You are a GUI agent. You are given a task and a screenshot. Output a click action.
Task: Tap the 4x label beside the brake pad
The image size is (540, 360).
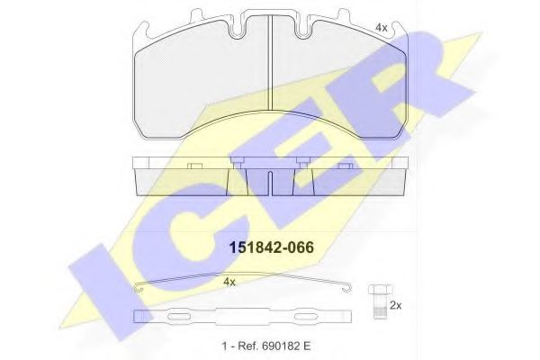(381, 28)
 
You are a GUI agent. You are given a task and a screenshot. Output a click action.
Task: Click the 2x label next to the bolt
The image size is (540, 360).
(395, 307)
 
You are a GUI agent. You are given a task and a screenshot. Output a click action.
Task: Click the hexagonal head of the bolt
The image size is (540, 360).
(378, 290)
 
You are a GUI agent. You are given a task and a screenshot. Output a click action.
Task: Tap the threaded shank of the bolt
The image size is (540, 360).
(378, 306)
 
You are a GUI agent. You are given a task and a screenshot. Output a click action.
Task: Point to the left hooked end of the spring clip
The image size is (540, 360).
(137, 288)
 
